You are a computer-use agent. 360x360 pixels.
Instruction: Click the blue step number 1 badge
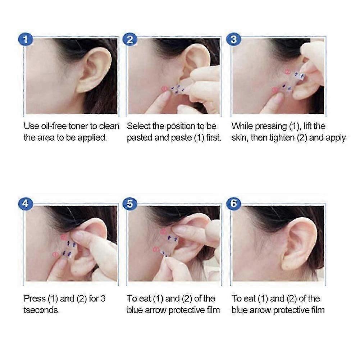point(26,39)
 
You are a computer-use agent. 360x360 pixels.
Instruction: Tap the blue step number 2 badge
point(130,39)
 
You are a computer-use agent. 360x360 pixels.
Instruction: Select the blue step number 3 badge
point(233,39)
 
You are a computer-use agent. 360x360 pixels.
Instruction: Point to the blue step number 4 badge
point(26,204)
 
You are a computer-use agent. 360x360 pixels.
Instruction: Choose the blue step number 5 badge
point(130,204)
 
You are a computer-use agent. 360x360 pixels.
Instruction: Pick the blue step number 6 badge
point(233,204)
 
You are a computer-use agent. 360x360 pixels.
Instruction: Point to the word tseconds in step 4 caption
point(41,310)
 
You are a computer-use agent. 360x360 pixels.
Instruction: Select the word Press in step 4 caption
point(35,299)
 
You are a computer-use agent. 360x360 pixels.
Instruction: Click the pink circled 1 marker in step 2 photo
point(164,88)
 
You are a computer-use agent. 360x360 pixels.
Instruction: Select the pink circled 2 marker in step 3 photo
point(288,72)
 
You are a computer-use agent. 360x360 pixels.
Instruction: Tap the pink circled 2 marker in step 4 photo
point(64,237)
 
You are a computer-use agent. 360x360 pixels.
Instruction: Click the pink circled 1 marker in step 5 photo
point(156,249)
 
